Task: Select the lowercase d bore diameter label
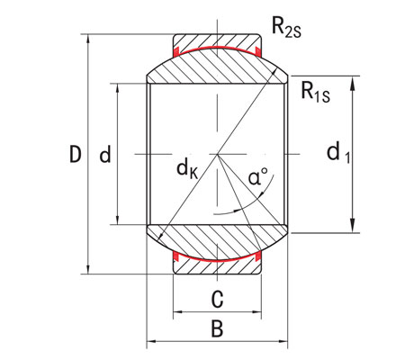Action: tap(105, 156)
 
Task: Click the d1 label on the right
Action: tap(338, 154)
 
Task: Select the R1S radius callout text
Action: tap(316, 92)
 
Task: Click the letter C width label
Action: tap(216, 298)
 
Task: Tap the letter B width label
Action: tap(216, 328)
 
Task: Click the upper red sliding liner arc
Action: tap(216, 53)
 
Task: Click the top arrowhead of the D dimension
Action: tap(88, 40)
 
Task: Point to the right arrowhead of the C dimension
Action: tap(256, 312)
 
